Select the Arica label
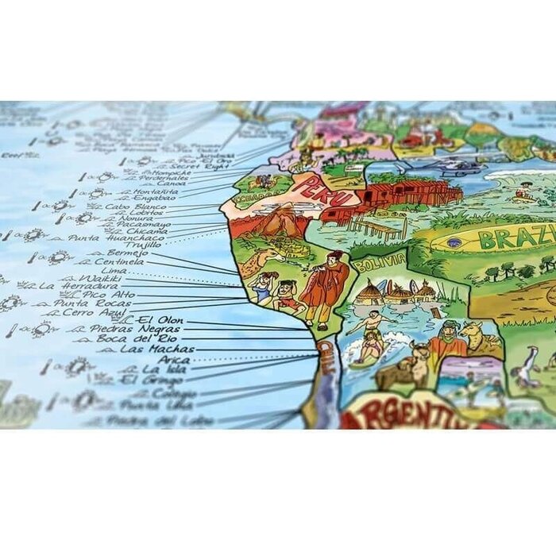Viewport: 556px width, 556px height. pyautogui.click(x=174, y=359)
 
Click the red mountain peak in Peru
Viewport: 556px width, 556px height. pyautogui.click(x=276, y=219)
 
